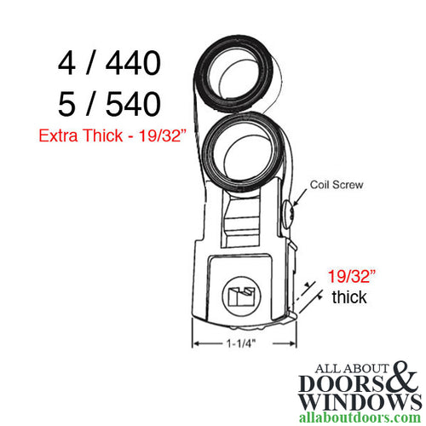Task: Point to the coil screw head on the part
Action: point(292,209)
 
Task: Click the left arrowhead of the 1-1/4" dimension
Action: point(198,345)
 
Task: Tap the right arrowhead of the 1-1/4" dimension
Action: point(280,345)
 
